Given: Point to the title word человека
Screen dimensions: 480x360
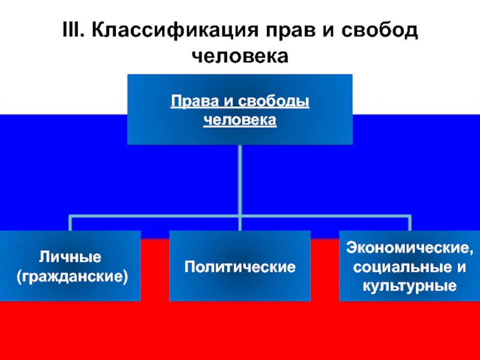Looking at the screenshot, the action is (x=240, y=56).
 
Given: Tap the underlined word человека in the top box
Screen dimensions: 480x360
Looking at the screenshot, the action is (x=240, y=120).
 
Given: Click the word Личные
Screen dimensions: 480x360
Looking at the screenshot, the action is (x=70, y=257).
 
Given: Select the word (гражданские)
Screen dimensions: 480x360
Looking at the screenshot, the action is (x=70, y=277).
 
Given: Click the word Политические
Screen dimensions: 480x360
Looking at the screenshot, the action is (x=239, y=266).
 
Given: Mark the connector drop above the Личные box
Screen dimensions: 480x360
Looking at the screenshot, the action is (x=70, y=223).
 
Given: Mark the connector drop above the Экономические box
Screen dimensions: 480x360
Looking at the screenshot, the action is (x=410, y=223).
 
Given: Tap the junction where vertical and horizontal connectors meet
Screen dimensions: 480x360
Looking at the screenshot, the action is (x=239, y=215).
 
